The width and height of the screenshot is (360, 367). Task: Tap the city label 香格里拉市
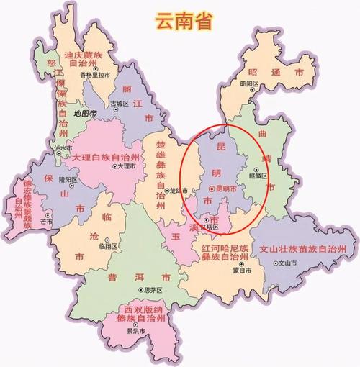pyautogui.click(x=95, y=75)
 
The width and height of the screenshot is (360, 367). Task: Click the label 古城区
pyautogui.click(x=120, y=104)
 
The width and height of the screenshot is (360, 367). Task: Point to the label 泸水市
pyautogui.click(x=64, y=148)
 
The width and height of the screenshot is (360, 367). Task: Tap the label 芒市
pyautogui.click(x=47, y=222)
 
